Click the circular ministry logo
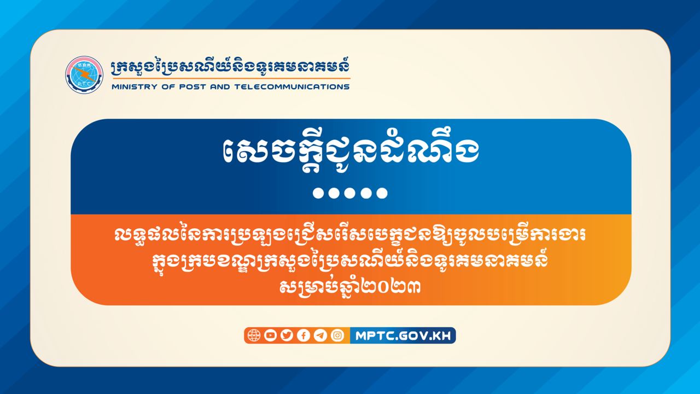click(x=84, y=75)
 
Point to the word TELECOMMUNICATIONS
click(x=292, y=87)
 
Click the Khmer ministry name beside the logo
click(x=230, y=67)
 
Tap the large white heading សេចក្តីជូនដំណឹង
click(x=351, y=152)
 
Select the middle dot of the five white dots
click(x=349, y=193)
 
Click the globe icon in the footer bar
click(x=254, y=335)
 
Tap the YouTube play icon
click(x=270, y=335)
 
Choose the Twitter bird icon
click(x=287, y=335)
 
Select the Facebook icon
click(x=304, y=335)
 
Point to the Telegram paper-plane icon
click(x=320, y=335)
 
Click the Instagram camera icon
click(x=337, y=335)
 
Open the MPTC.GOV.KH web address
click(x=403, y=336)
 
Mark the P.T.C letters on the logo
click(x=84, y=84)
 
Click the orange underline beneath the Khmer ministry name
click(x=231, y=78)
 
